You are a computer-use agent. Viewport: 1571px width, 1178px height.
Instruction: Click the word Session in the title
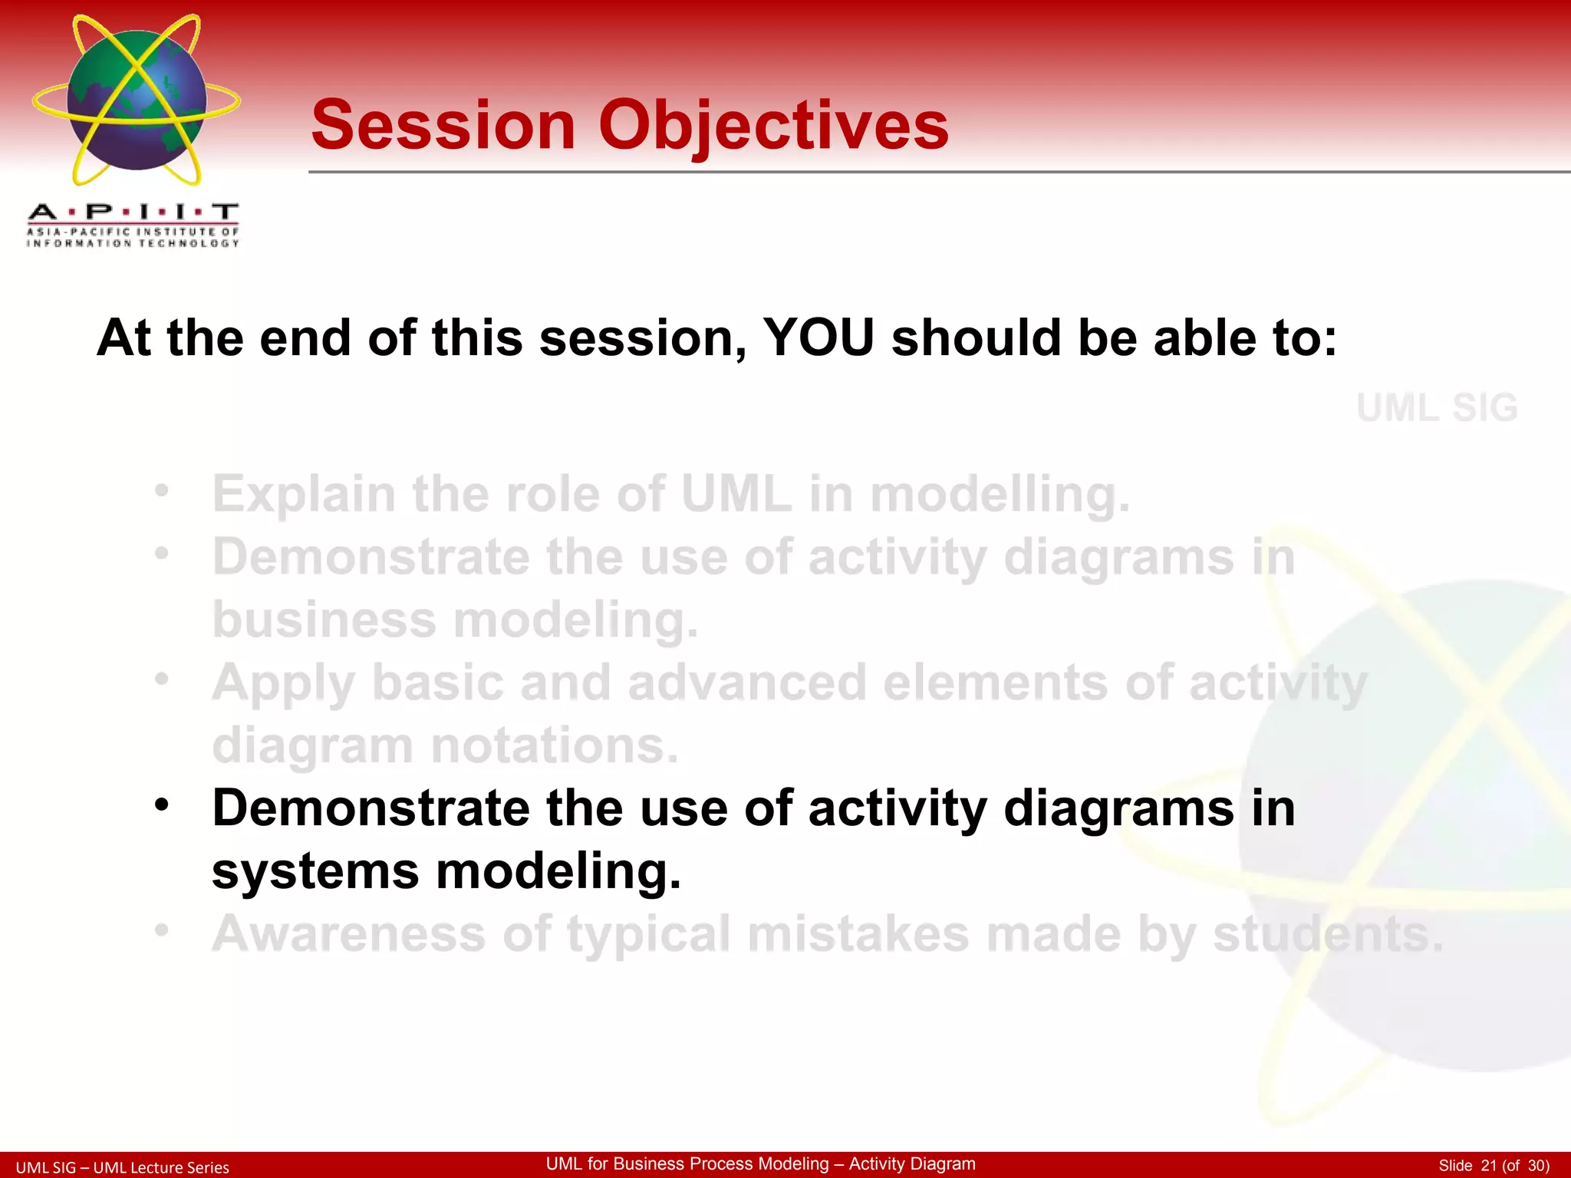click(443, 126)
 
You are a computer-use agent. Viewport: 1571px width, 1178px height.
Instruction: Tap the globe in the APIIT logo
click(137, 100)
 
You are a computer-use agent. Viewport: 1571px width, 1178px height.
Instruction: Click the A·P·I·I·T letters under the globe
click(133, 212)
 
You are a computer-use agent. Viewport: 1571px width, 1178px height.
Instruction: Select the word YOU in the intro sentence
click(818, 337)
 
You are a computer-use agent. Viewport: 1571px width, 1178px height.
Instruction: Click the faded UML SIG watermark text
click(1437, 407)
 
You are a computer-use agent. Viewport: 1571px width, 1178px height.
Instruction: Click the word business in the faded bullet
click(324, 620)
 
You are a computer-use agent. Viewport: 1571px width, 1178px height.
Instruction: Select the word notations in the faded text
click(555, 745)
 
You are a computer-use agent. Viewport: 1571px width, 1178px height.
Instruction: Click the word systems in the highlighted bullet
click(315, 872)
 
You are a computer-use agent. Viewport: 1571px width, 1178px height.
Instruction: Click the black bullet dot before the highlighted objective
click(161, 806)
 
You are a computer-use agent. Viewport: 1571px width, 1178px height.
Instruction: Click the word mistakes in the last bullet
click(858, 934)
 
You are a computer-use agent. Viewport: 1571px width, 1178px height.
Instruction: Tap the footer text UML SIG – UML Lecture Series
click(123, 1167)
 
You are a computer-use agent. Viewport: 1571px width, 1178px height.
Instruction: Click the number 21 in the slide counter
click(1488, 1166)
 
